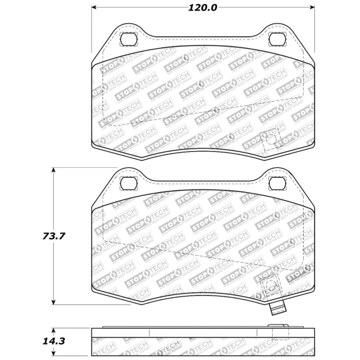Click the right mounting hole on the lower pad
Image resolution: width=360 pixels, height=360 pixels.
pos(277,183)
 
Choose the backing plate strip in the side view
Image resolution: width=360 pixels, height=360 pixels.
pos(203,332)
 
